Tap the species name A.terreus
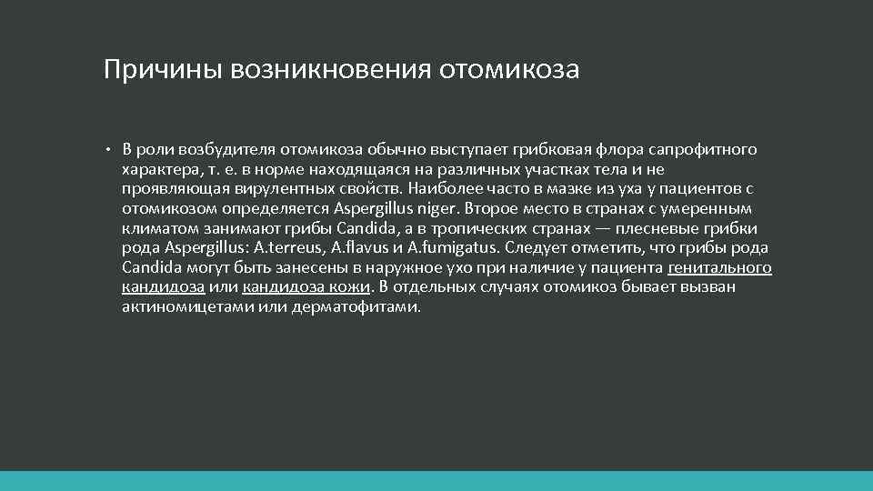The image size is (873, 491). coord(289,247)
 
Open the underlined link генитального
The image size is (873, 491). coord(719,267)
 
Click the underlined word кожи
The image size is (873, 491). coord(350,287)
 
